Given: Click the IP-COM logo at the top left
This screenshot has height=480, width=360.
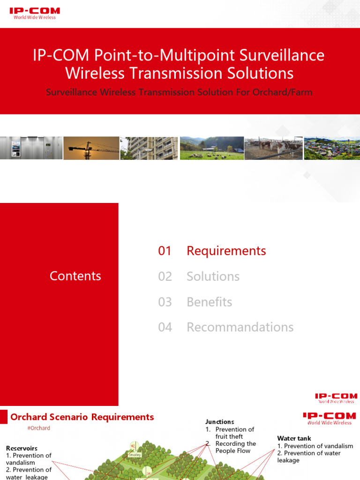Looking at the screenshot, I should pyautogui.click(x=34, y=13).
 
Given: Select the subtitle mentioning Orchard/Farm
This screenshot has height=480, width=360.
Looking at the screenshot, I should pyautogui.click(x=179, y=92).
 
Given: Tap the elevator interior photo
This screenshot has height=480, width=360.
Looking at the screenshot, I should pyautogui.click(x=31, y=148).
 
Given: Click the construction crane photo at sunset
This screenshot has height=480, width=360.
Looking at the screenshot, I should pyautogui.click(x=91, y=148).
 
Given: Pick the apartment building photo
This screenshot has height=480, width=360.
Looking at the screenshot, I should pyautogui.click(x=149, y=148).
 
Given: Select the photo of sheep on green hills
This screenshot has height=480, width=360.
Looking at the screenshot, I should pyautogui.click(x=212, y=148).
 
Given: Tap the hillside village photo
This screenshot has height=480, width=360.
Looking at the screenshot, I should pyautogui.click(x=332, y=148).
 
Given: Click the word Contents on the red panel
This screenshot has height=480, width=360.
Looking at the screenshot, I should pyautogui.click(x=75, y=276).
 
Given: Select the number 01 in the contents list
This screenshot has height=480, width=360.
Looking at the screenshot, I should pyautogui.click(x=165, y=251).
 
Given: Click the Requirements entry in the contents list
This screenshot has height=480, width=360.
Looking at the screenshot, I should pyautogui.click(x=226, y=251).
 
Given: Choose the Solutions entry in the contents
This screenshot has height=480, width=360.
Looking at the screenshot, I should pyautogui.click(x=213, y=277).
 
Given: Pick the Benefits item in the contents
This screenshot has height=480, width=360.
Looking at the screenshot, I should pyautogui.click(x=209, y=302).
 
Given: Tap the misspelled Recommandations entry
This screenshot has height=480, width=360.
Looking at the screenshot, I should pyautogui.click(x=240, y=327).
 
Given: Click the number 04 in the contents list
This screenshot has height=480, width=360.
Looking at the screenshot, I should pyautogui.click(x=165, y=327).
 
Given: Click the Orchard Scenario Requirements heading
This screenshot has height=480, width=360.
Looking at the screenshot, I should pyautogui.click(x=82, y=417).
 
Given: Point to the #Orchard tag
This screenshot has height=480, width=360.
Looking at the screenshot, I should pyautogui.click(x=39, y=428).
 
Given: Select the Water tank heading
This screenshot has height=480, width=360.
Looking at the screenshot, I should pyautogui.click(x=294, y=439).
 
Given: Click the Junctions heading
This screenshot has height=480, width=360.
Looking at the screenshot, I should pyautogui.click(x=219, y=422).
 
